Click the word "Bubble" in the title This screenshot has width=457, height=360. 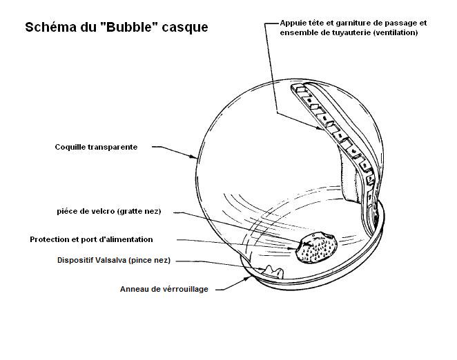pos(129,27)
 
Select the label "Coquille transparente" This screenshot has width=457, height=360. pos(96,147)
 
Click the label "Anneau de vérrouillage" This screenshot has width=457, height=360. pos(164,289)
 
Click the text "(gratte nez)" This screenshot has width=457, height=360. pos(139,211)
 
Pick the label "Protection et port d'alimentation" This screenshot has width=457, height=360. pos(91,239)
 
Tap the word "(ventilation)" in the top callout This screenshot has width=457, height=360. pos(396,32)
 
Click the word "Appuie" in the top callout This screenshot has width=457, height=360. pos(291,23)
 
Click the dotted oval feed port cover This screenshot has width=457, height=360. pos(316,248)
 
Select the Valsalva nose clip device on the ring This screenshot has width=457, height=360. pos(273,272)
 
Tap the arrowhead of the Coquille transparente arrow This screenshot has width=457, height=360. pos(195,157)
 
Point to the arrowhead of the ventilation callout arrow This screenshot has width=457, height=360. pos(320,128)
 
